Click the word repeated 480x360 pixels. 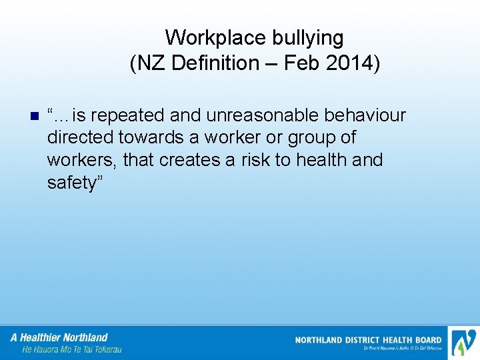coord(125,115)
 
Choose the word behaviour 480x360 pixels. coord(365,115)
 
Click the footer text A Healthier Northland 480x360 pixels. coord(59,337)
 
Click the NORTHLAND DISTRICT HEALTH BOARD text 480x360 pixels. coord(368,340)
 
